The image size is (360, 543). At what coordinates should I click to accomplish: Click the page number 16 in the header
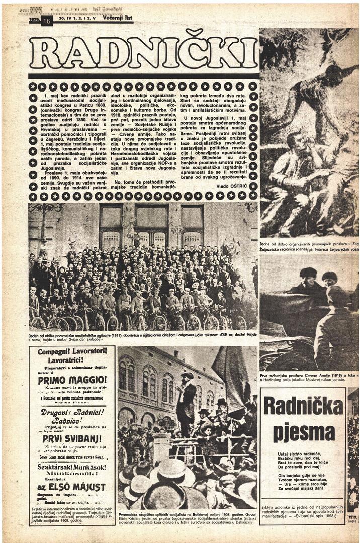pos(47,21)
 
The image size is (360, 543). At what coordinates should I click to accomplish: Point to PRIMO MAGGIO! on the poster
pos(72,380)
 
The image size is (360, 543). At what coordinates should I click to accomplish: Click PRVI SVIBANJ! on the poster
pos(72,438)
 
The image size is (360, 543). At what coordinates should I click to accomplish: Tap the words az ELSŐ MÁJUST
pos(72,487)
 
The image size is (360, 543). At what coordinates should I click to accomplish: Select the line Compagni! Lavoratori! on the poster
pos(72,352)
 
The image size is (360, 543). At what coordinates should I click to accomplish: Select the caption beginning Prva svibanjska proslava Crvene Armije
pos(309,377)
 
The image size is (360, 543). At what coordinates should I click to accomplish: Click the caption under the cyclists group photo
pos(143,336)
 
